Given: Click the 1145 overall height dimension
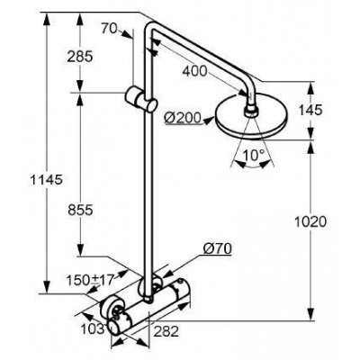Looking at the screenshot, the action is [46, 179].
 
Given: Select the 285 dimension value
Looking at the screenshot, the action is [80, 57].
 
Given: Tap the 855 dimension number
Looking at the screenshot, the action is [80, 210].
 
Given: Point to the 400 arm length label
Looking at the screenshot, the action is [195, 71].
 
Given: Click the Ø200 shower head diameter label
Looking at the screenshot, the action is [182, 119].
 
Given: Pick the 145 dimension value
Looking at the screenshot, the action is [310, 110].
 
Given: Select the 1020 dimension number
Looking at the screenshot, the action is [310, 222].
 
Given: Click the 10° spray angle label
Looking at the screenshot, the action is [254, 155].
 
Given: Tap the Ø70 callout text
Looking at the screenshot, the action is [217, 248].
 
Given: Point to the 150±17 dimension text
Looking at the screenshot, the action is [90, 280].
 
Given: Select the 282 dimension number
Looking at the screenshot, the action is [166, 331].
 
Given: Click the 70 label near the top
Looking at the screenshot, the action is [109, 29].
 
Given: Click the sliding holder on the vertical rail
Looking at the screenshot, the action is [141, 98].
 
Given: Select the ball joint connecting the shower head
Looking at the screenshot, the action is [251, 111].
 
